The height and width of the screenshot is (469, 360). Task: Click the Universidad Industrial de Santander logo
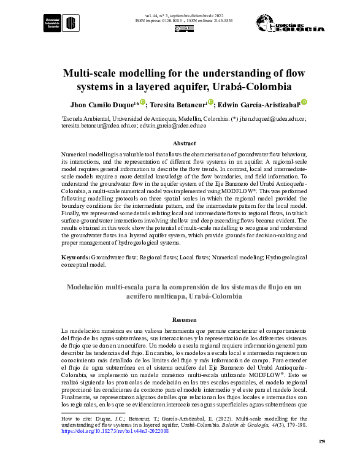61,23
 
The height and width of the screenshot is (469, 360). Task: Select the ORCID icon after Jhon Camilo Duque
142,102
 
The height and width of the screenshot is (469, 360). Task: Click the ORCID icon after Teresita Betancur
210,102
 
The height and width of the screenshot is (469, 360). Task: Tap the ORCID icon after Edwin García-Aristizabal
304,102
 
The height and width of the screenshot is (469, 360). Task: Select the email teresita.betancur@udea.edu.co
99,125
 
